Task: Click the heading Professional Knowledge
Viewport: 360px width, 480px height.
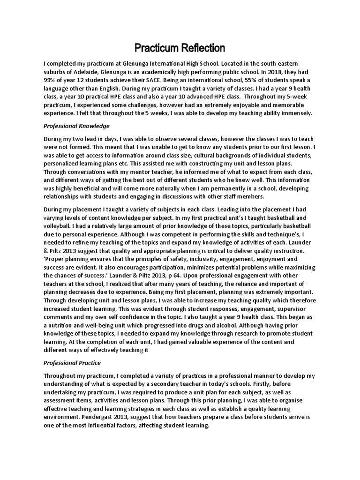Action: point(76,126)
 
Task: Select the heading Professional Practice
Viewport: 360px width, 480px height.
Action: point(72,363)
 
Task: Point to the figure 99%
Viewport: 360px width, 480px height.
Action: point(51,80)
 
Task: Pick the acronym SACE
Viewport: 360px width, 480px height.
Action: point(161,80)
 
